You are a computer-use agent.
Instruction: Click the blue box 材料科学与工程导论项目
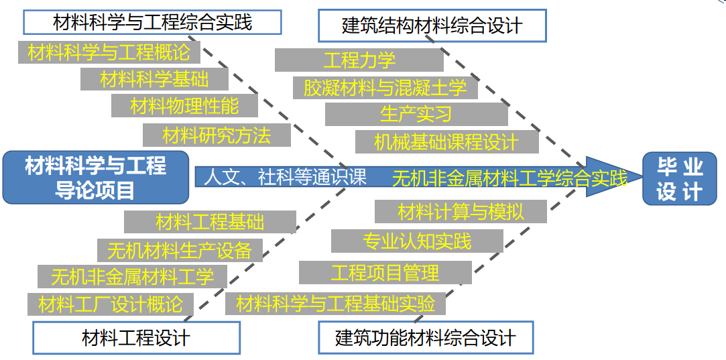(x=95, y=178)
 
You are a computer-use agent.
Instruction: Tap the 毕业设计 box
(x=679, y=178)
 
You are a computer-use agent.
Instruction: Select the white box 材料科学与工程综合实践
(x=152, y=22)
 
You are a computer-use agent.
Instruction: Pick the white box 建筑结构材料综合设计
(x=432, y=26)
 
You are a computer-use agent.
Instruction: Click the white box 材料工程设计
(x=136, y=337)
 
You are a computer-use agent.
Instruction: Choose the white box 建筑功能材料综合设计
(x=426, y=337)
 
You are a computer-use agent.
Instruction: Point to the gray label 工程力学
(x=359, y=60)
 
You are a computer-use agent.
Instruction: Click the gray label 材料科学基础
(x=154, y=79)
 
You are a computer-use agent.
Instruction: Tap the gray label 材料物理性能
(x=184, y=105)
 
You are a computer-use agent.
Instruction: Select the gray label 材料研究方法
(x=217, y=135)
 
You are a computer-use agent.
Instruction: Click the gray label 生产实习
(x=416, y=114)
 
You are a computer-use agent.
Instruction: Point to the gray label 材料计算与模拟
(x=461, y=212)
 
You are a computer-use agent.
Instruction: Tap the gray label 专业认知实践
(x=417, y=241)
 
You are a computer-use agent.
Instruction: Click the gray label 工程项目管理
(x=385, y=272)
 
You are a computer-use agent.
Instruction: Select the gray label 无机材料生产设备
(x=179, y=250)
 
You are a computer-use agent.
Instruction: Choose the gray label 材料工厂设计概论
(x=110, y=304)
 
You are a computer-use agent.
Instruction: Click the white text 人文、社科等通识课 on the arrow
(x=285, y=177)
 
